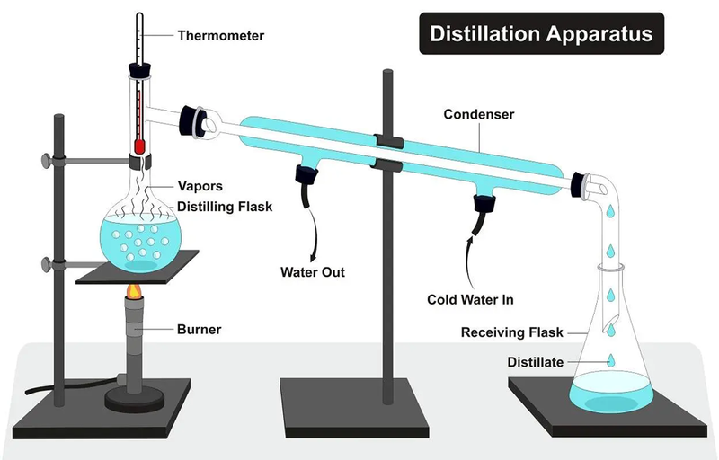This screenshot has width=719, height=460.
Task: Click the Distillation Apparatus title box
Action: click(x=541, y=34)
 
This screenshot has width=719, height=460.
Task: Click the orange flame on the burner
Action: click(x=136, y=292)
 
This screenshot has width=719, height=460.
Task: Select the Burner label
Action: click(x=200, y=330)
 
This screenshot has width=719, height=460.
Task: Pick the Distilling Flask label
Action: click(x=225, y=208)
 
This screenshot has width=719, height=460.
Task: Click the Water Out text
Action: click(x=313, y=271)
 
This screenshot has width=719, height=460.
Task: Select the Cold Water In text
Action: click(x=475, y=298)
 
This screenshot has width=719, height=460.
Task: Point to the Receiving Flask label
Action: click(x=511, y=332)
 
